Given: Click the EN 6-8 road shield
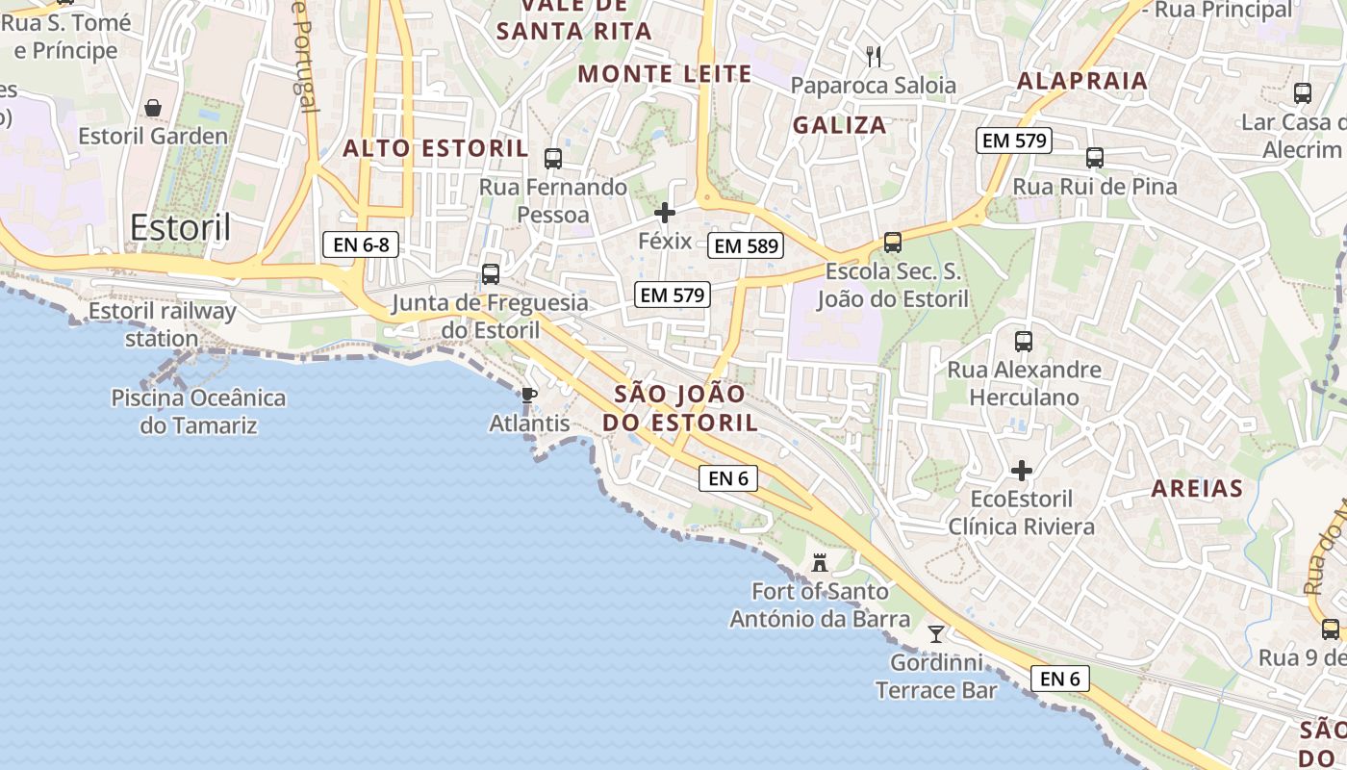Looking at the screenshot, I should pos(361,244).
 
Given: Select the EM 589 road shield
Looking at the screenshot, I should pos(745,245).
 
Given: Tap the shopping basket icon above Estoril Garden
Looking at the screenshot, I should pos(153,107).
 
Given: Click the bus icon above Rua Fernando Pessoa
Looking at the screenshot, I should pos(553,159).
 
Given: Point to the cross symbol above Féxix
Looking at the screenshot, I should pos(665,213).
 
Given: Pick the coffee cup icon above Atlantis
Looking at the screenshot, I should pos(527,395).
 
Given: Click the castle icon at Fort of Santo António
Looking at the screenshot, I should pos(820,562).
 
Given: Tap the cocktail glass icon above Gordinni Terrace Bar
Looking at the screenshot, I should pos(935,633).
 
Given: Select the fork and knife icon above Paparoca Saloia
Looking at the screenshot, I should pos(874,56).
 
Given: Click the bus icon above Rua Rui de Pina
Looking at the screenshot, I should pos(1094,158).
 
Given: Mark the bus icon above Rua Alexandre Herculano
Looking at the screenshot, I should pos(1024,341).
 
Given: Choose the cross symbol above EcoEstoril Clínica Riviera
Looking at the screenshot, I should pos(1022,471).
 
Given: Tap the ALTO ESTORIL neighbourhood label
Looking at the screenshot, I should pos(436,148).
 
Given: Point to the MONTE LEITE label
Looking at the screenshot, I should pos(665,74).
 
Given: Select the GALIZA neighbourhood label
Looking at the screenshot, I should pos(839,125).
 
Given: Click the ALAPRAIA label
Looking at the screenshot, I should pos(1082,81).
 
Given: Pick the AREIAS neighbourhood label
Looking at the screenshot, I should pos(1197,489).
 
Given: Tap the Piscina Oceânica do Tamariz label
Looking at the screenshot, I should pos(198,411).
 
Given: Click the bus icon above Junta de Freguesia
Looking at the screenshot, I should pos(491,274).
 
